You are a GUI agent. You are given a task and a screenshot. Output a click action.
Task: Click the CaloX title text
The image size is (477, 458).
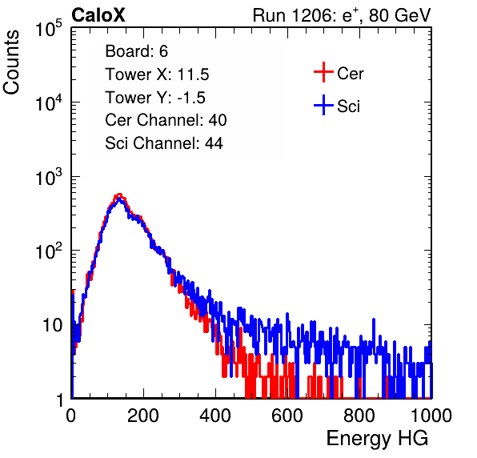(98, 15)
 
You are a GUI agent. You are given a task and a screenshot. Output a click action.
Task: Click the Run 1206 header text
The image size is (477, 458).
(342, 15)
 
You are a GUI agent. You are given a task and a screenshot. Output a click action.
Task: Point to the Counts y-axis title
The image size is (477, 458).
(11, 62)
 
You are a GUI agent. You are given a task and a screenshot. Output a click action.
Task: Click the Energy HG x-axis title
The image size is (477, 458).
(377, 439)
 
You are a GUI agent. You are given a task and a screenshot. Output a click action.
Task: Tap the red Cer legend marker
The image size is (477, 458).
(323, 72)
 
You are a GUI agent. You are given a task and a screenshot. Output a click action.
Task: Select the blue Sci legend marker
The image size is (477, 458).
(323, 105)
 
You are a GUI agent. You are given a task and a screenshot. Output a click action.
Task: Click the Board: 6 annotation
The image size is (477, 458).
(136, 51)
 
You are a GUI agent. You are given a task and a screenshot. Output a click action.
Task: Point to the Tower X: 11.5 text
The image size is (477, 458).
(157, 74)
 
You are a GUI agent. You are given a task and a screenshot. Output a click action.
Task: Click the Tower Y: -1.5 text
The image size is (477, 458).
(155, 98)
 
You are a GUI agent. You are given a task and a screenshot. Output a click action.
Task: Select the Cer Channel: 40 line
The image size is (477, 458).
(166, 120)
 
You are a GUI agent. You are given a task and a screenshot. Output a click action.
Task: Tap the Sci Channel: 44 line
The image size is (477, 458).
(164, 143)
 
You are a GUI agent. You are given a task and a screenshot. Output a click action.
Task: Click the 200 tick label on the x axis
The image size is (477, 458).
(143, 416)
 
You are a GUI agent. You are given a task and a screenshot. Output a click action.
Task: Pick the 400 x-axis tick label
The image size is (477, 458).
(215, 416)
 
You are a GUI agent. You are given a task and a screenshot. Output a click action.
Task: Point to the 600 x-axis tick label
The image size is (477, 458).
(287, 416)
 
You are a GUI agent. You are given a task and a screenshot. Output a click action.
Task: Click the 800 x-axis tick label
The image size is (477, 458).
(359, 416)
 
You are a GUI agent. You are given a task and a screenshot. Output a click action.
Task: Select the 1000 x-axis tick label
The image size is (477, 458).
(431, 416)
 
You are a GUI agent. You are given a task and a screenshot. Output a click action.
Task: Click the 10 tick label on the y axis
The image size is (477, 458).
(53, 325)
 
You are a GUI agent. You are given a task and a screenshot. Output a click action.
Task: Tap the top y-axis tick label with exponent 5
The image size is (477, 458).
(49, 28)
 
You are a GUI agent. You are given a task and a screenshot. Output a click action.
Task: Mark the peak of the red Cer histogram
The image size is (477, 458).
(119, 194)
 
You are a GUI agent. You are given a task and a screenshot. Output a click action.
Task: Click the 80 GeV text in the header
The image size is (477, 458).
(399, 15)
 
